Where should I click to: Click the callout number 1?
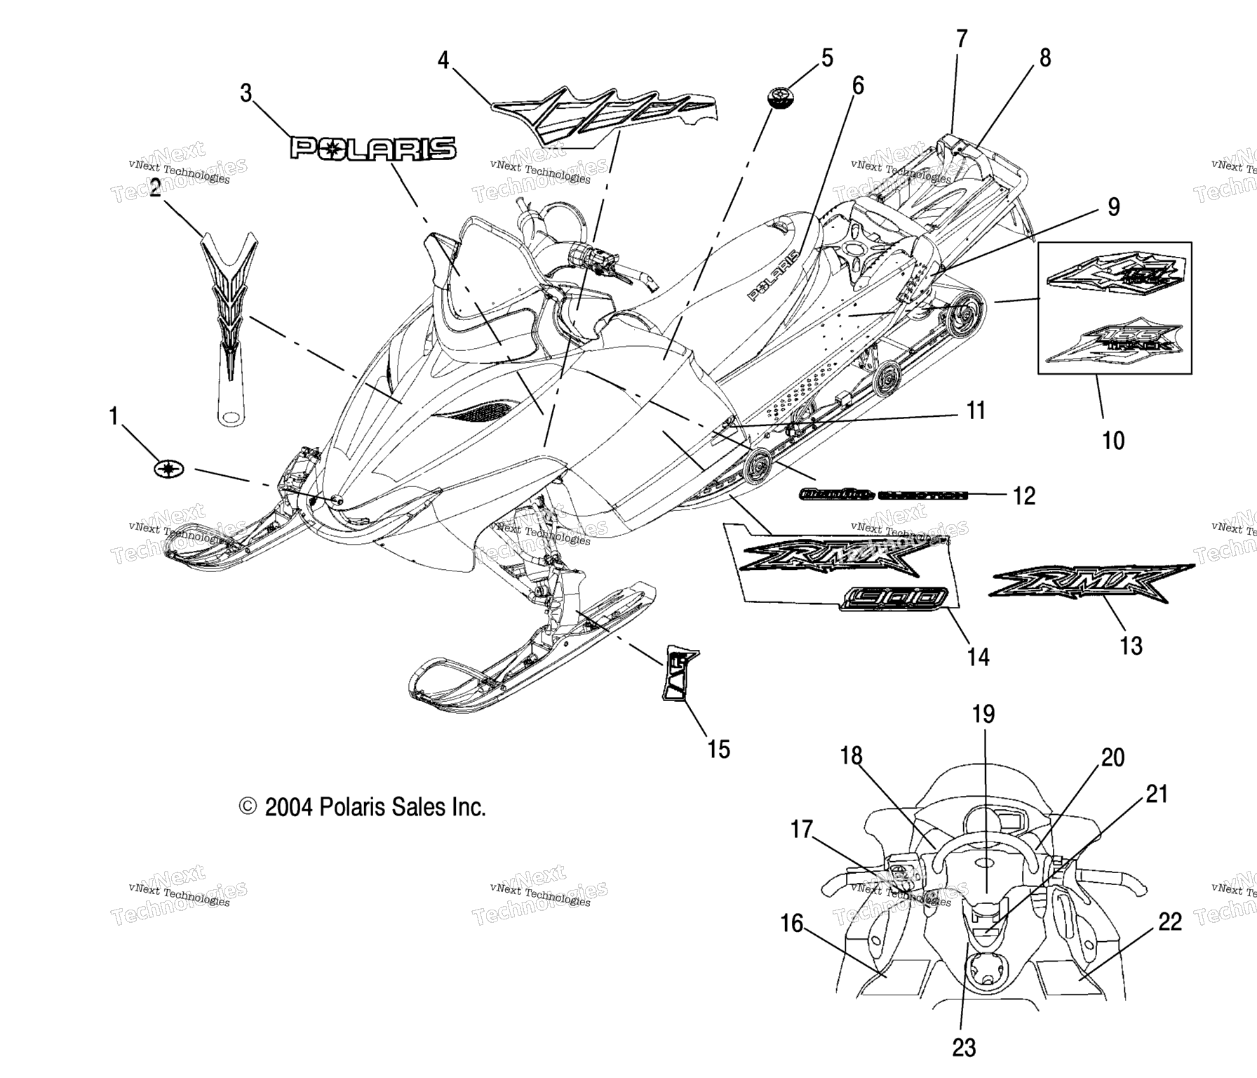[x=114, y=416]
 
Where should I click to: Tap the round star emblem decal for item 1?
[x=169, y=469]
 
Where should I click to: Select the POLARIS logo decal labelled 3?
[x=373, y=149]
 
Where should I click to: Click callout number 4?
[x=443, y=60]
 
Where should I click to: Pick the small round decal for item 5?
[x=780, y=97]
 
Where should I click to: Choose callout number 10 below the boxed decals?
[x=1113, y=441]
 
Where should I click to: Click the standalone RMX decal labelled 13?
[x=1091, y=582]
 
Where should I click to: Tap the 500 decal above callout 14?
[x=897, y=597]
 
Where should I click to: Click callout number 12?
[x=1024, y=495]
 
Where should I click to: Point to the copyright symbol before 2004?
[x=248, y=807]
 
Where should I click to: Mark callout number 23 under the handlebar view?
[x=964, y=1048]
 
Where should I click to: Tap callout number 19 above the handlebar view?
[x=983, y=714]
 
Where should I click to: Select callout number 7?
[x=962, y=39]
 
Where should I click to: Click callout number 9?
[x=1114, y=207]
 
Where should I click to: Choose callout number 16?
[x=792, y=924]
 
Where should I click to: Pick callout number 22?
[x=1170, y=921]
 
